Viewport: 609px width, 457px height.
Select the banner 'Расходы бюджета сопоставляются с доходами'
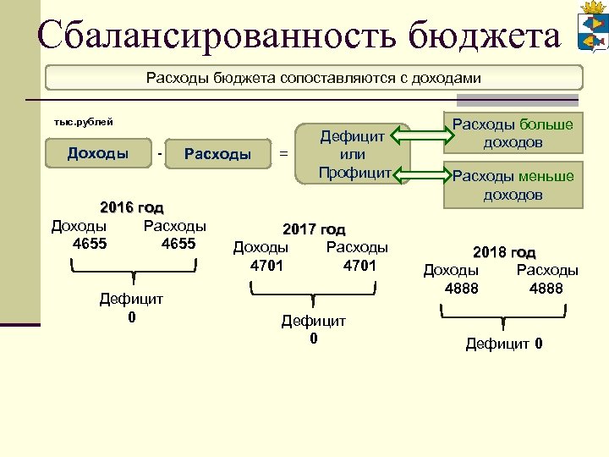(313, 78)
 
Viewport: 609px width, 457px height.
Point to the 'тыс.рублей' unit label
(83, 122)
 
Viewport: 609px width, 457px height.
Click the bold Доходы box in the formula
(98, 153)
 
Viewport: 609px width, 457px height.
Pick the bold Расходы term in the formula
(217, 154)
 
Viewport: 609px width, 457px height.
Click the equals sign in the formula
(283, 154)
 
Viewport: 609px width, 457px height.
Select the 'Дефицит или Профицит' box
(353, 154)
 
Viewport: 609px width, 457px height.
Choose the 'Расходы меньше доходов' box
(513, 184)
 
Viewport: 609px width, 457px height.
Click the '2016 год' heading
(131, 207)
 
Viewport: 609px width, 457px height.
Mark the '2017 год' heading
(314, 229)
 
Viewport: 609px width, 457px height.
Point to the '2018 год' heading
(504, 252)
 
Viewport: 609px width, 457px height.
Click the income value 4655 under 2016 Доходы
(91, 244)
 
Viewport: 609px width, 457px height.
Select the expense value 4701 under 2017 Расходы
(360, 266)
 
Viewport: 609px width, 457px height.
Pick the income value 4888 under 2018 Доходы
(462, 289)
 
